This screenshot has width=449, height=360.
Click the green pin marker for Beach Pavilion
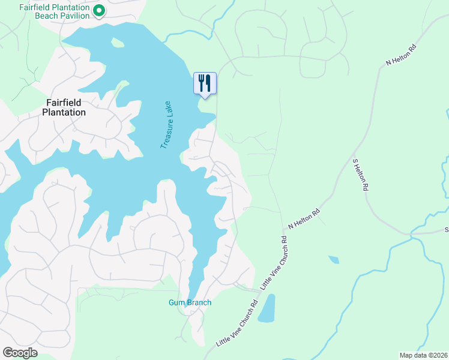click(100, 11)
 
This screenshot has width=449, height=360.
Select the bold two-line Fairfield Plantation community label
click(63, 107)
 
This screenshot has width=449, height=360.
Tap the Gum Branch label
click(190, 303)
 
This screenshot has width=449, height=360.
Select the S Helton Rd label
click(360, 175)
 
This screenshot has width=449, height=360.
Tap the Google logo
click(20, 353)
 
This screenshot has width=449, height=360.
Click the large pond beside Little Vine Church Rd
click(267, 309)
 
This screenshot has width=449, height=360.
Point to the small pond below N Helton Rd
click(333, 260)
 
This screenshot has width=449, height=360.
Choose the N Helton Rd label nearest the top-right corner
click(401, 55)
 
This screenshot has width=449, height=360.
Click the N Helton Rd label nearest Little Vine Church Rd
click(304, 219)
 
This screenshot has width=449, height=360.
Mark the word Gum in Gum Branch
click(175, 303)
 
